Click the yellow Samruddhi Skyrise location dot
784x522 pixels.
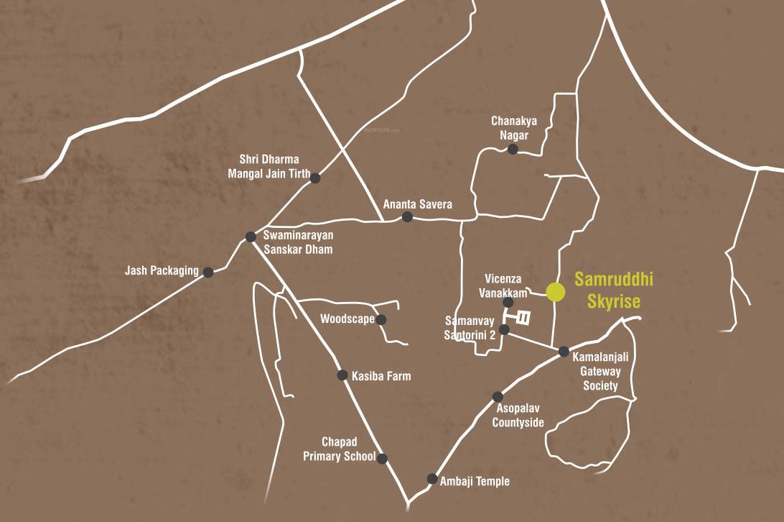pyautogui.click(x=555, y=292)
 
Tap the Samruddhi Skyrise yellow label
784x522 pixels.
pyautogui.click(x=608, y=290)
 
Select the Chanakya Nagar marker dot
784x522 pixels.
pyautogui.click(x=513, y=149)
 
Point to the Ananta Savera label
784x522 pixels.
pyautogui.click(x=417, y=204)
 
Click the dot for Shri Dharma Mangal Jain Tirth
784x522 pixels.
pyautogui.click(x=314, y=178)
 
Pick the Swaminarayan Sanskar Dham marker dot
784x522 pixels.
pyautogui.click(x=251, y=237)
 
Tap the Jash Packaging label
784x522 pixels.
pyautogui.click(x=162, y=271)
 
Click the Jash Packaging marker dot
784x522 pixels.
pyautogui.click(x=208, y=273)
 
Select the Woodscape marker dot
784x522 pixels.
pyautogui.click(x=381, y=319)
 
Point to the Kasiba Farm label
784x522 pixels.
pyautogui.click(x=381, y=375)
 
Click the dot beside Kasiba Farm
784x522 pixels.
pyautogui.click(x=342, y=375)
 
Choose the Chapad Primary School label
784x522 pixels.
pyautogui.click(x=339, y=449)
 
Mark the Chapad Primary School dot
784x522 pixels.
pyautogui.click(x=383, y=458)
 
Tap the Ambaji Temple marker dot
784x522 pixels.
pyautogui.click(x=432, y=478)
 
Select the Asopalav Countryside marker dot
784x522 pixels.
pyautogui.click(x=498, y=396)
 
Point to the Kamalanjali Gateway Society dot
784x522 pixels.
pyautogui.click(x=564, y=352)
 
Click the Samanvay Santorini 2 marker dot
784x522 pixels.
pyautogui.click(x=504, y=329)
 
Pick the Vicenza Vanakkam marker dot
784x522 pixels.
pyautogui.click(x=508, y=303)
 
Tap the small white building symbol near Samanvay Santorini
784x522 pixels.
pyautogui.click(x=524, y=317)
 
